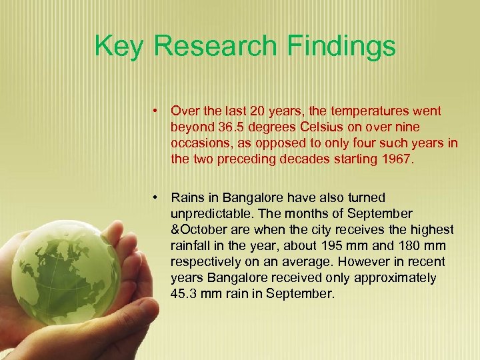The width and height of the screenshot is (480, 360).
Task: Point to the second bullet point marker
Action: point(154,197)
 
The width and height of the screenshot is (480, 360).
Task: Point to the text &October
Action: point(199,229)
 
